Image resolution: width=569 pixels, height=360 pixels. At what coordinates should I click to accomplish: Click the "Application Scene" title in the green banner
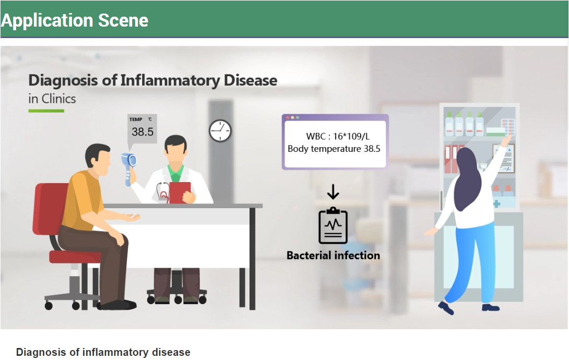[75, 20]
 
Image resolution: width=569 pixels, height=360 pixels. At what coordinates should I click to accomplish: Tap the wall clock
[220, 131]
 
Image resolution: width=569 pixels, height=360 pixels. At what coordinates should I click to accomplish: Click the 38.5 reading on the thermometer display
[142, 131]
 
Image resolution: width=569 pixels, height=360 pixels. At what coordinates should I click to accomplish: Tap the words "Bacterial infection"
[333, 255]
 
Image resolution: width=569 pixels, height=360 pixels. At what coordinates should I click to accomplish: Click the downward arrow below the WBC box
[333, 192]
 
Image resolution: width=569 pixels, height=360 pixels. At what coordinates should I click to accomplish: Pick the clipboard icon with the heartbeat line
[333, 226]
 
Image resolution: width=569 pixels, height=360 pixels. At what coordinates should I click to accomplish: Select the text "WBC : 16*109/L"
[337, 136]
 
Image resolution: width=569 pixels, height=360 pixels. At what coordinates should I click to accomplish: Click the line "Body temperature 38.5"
[334, 149]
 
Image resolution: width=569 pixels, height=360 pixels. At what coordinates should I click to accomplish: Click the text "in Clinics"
[52, 99]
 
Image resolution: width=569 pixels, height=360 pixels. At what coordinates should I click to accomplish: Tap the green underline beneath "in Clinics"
[46, 111]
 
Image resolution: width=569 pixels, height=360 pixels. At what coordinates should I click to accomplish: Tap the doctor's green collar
[175, 173]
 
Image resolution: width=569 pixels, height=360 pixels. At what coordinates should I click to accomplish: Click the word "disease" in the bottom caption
[171, 352]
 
